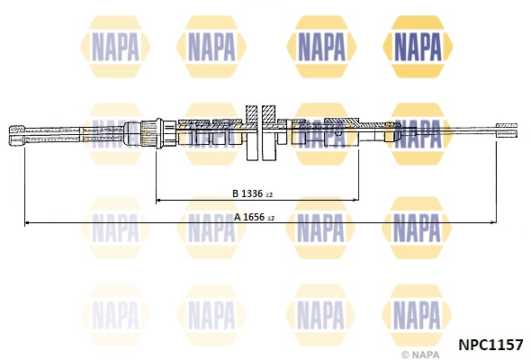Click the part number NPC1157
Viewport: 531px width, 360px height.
[x=490, y=344]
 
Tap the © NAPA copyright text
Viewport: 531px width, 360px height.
[x=422, y=355]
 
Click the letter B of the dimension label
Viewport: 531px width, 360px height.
[x=234, y=193]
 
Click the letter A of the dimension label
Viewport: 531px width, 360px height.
[x=237, y=216]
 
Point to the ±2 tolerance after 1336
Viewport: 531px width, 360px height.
[x=268, y=193]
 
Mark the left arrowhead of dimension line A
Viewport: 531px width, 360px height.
[x=28, y=221]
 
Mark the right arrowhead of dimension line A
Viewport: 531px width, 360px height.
[x=492, y=221]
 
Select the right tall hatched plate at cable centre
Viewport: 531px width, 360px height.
[x=269, y=133]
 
